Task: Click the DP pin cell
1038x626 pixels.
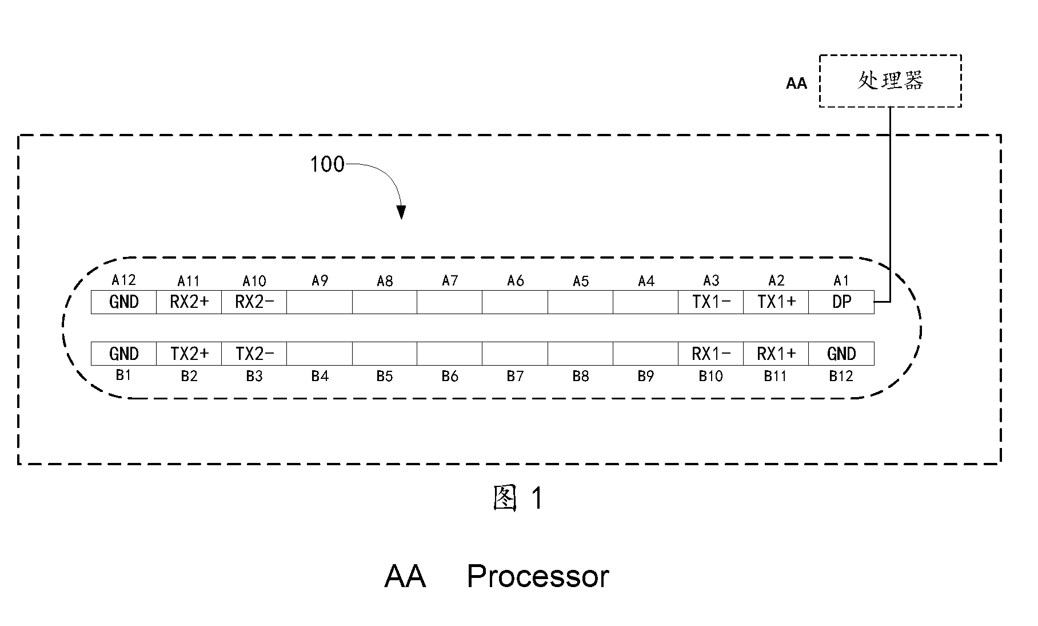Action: pos(841,302)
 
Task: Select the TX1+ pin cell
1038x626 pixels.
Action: pos(776,302)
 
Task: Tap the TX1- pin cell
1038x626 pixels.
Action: pos(711,302)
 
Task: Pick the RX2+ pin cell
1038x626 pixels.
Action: pos(189,302)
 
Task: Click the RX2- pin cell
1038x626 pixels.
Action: pos(254,302)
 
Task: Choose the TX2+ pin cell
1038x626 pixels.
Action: pos(189,354)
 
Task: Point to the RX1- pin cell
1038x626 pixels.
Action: pos(711,354)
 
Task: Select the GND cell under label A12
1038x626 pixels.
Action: pos(124,302)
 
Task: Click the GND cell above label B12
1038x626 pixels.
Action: pos(841,354)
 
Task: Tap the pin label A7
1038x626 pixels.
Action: pos(450,280)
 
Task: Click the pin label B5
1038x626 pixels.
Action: pos(385,376)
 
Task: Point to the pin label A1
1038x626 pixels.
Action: pos(841,280)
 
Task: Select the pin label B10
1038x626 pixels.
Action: pos(711,376)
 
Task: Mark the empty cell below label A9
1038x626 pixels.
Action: pos(320,302)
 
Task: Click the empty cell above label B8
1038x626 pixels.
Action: pos(581,354)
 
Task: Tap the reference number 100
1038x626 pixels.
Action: pos(327,165)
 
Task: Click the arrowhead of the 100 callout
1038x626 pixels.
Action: pos(402,212)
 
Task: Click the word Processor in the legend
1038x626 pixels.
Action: pos(538,577)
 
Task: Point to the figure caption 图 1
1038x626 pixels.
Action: pos(518,498)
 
